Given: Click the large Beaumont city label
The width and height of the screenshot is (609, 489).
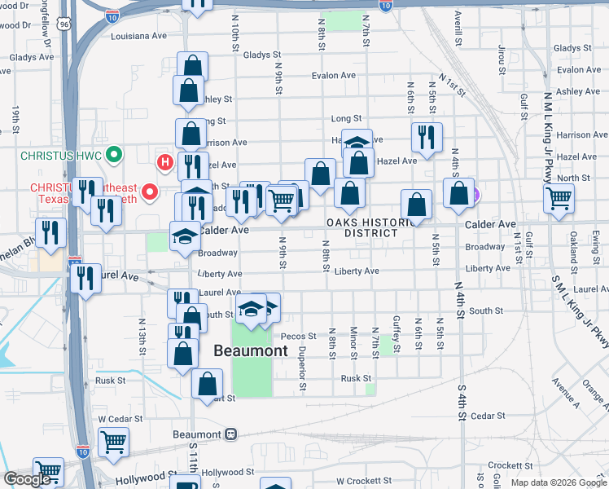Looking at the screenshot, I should point(250,351).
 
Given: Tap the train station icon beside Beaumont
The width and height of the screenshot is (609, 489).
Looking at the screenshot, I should point(231,434).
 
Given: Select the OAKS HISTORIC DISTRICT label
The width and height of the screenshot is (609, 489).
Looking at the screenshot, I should point(362,227).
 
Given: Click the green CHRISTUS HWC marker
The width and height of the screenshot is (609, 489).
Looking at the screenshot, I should point(115,153).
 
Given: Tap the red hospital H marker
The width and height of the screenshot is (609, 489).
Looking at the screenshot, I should point(166,163).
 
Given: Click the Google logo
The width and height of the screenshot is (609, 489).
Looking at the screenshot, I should point(27,479).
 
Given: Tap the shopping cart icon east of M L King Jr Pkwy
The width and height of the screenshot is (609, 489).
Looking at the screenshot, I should point(559,197).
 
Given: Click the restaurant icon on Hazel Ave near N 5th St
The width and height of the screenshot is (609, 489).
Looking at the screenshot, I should point(426,137).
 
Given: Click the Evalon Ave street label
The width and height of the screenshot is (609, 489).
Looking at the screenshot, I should point(334,75).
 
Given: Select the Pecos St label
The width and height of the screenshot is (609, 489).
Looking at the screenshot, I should point(298,336).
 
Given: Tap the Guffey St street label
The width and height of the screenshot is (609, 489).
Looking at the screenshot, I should point(397,334).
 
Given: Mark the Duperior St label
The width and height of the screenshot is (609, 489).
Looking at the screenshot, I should point(301,357).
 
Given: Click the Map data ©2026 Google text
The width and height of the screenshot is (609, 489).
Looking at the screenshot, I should point(558,482).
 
